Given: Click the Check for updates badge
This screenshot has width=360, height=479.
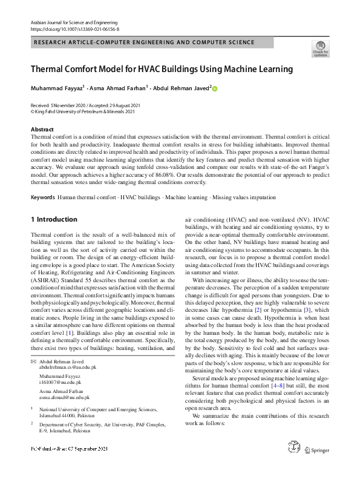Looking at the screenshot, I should pyautogui.click(x=320, y=49).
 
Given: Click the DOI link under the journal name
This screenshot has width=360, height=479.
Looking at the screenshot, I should pyautogui.click(x=74, y=28).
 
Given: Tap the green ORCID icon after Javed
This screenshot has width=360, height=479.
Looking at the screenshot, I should pyautogui.click(x=214, y=88).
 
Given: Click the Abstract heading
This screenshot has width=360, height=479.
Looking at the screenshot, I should pyautogui.click(x=42, y=130).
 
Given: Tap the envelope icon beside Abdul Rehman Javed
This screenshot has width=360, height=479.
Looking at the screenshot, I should pyautogui.click(x=33, y=362).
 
